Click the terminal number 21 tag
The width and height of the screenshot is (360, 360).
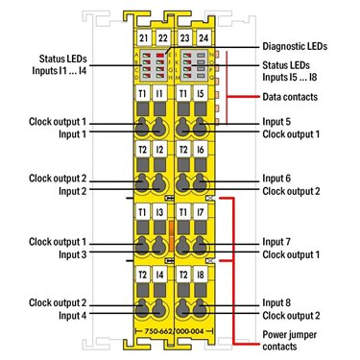pyautogui.click(x=144, y=38)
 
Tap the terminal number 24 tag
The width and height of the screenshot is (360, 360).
pyautogui.click(x=204, y=38)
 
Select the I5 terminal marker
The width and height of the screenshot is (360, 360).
pyautogui.click(x=201, y=93)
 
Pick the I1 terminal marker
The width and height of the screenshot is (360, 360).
pyautogui.click(x=159, y=93)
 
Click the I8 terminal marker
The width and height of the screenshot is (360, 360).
pyautogui.click(x=201, y=275)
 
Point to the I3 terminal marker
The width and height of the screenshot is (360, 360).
pyautogui.click(x=159, y=212)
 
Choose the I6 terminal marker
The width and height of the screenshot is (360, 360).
pyautogui.click(x=201, y=150)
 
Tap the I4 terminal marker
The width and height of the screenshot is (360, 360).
pyautogui.click(x=159, y=275)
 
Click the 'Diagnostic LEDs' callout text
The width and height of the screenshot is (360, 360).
pyautogui.click(x=295, y=46)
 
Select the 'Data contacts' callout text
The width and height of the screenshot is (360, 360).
pyautogui.click(x=290, y=97)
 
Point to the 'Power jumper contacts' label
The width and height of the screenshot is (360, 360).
pyautogui.click(x=289, y=341)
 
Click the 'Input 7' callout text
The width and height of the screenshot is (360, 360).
pyautogui.click(x=276, y=242)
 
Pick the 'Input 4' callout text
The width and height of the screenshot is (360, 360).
pyautogui.click(x=72, y=316)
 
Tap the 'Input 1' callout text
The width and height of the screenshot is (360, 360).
pyautogui.click(x=72, y=134)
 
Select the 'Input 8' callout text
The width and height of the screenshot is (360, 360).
pyautogui.click(x=276, y=302)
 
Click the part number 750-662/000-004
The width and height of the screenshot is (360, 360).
pyautogui.click(x=174, y=331)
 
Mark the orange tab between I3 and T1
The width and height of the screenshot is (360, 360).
pyautogui.click(x=171, y=236)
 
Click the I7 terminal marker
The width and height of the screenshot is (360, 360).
pyautogui.click(x=201, y=212)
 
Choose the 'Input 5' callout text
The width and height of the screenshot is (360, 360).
pyautogui.click(x=276, y=122)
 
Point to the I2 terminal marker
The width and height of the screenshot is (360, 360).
pyautogui.click(x=159, y=150)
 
